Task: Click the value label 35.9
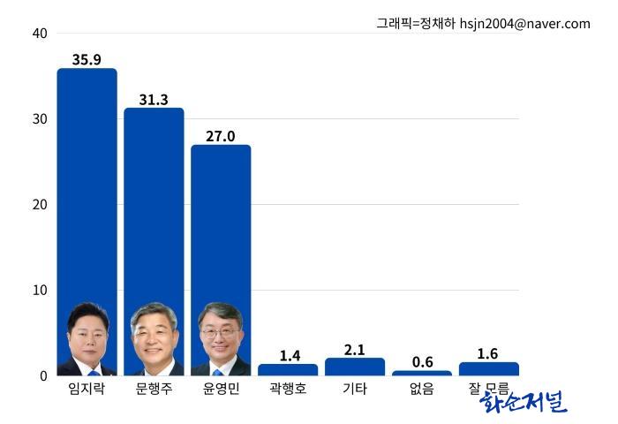click(x=87, y=60)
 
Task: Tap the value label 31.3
click(x=154, y=100)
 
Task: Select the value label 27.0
click(x=221, y=136)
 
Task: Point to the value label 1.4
click(x=290, y=355)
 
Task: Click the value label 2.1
click(x=355, y=350)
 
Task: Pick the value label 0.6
click(x=422, y=362)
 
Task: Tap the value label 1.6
click(x=487, y=353)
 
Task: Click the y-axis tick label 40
click(x=39, y=34)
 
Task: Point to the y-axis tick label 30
click(x=39, y=119)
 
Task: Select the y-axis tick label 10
click(x=39, y=291)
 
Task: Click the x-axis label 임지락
click(x=87, y=389)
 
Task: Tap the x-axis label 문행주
click(x=154, y=389)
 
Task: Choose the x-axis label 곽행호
click(x=288, y=389)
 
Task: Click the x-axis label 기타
click(x=355, y=389)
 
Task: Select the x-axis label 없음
click(x=422, y=389)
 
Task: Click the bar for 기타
click(x=355, y=367)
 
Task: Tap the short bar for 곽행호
click(x=288, y=369)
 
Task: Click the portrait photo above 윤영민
click(x=221, y=340)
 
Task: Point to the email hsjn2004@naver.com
click(x=525, y=24)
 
